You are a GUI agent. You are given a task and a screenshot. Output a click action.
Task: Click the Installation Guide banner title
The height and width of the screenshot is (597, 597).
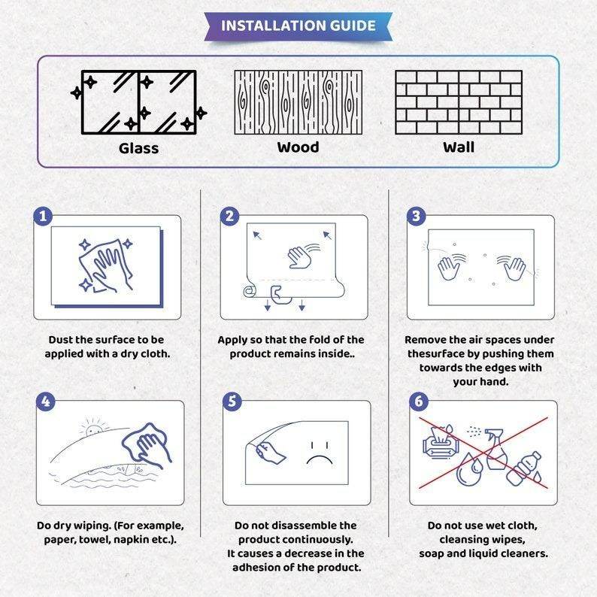298,26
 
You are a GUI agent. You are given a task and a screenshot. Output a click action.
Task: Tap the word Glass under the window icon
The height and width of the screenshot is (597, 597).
138,148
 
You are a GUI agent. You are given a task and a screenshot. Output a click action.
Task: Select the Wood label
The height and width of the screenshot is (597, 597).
298,147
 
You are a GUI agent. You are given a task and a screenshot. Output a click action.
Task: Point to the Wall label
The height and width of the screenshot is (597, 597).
459,147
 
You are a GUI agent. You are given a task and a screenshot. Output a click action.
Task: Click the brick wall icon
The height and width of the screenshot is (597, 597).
459,102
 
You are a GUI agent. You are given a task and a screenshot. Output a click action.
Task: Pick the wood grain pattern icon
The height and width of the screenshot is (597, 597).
298,102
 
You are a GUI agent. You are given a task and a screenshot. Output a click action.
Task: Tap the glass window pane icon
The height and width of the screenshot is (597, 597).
139,102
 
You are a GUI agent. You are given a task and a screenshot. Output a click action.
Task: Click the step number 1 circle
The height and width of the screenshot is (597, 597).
43,217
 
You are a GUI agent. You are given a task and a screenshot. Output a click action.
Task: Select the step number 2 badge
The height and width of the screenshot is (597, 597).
229,217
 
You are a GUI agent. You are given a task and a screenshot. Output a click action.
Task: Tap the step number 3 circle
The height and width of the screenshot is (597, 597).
416,217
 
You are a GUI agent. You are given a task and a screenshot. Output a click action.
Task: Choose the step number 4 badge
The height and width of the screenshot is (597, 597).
46,402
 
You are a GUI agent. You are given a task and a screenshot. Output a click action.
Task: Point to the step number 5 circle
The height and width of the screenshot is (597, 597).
232,402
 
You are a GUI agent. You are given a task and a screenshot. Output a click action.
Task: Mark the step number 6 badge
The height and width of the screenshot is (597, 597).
419,402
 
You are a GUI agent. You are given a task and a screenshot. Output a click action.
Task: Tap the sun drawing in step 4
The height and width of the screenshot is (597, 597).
94,427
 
